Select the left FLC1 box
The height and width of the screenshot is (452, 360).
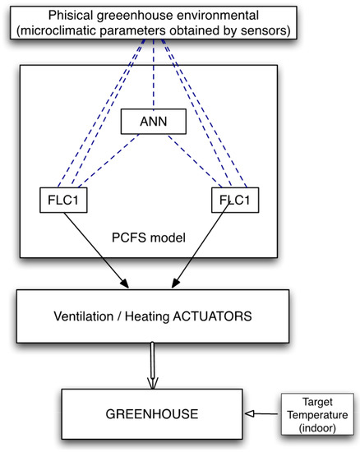pyautogui.click(x=64, y=200)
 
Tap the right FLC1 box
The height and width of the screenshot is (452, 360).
pyautogui.click(x=233, y=200)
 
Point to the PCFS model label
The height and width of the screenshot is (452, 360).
pyautogui.click(x=148, y=239)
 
